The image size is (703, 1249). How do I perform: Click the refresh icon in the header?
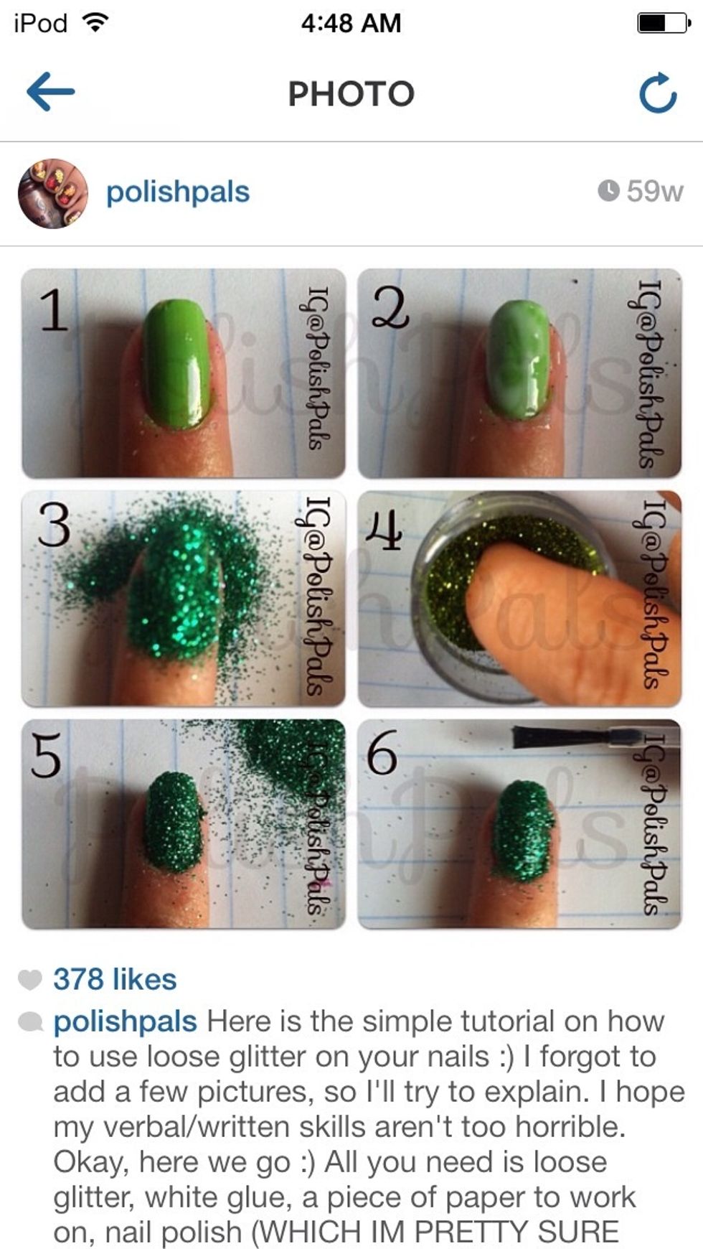[658, 93]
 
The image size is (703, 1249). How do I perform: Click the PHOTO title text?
[351, 93]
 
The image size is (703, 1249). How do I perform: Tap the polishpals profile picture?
[52, 193]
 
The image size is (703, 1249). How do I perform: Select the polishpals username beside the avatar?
[178, 192]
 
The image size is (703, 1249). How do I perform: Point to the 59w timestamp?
[641, 191]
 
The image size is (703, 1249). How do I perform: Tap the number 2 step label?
[390, 309]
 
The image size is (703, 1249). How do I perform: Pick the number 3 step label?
[55, 525]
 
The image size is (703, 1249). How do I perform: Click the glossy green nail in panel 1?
[177, 364]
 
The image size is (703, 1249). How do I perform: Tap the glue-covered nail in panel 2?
[520, 358]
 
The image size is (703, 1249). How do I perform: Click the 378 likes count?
[115, 979]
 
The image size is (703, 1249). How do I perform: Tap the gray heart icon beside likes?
[29, 980]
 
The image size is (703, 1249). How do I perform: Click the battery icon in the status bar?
[664, 23]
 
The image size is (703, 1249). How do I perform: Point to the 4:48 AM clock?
[351, 23]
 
